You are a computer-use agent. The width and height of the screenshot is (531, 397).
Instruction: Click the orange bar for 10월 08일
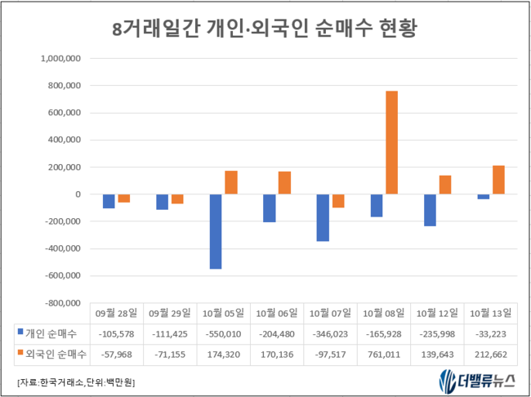[392, 142]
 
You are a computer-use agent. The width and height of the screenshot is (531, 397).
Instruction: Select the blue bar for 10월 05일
[216, 231]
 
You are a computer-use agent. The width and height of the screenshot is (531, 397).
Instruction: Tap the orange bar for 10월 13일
[498, 180]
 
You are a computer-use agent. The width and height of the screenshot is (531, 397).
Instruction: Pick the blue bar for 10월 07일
[323, 217]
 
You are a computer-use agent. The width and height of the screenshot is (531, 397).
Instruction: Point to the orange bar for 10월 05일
[230, 182]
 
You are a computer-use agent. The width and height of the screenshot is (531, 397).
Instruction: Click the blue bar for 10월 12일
[429, 210]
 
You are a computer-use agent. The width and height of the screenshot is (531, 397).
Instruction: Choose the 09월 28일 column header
[116, 313]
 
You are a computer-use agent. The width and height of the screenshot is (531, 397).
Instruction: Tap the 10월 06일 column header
[276, 313]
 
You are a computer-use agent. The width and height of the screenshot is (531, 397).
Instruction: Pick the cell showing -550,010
[223, 332]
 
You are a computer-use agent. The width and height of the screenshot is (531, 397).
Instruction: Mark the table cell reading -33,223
[490, 332]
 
